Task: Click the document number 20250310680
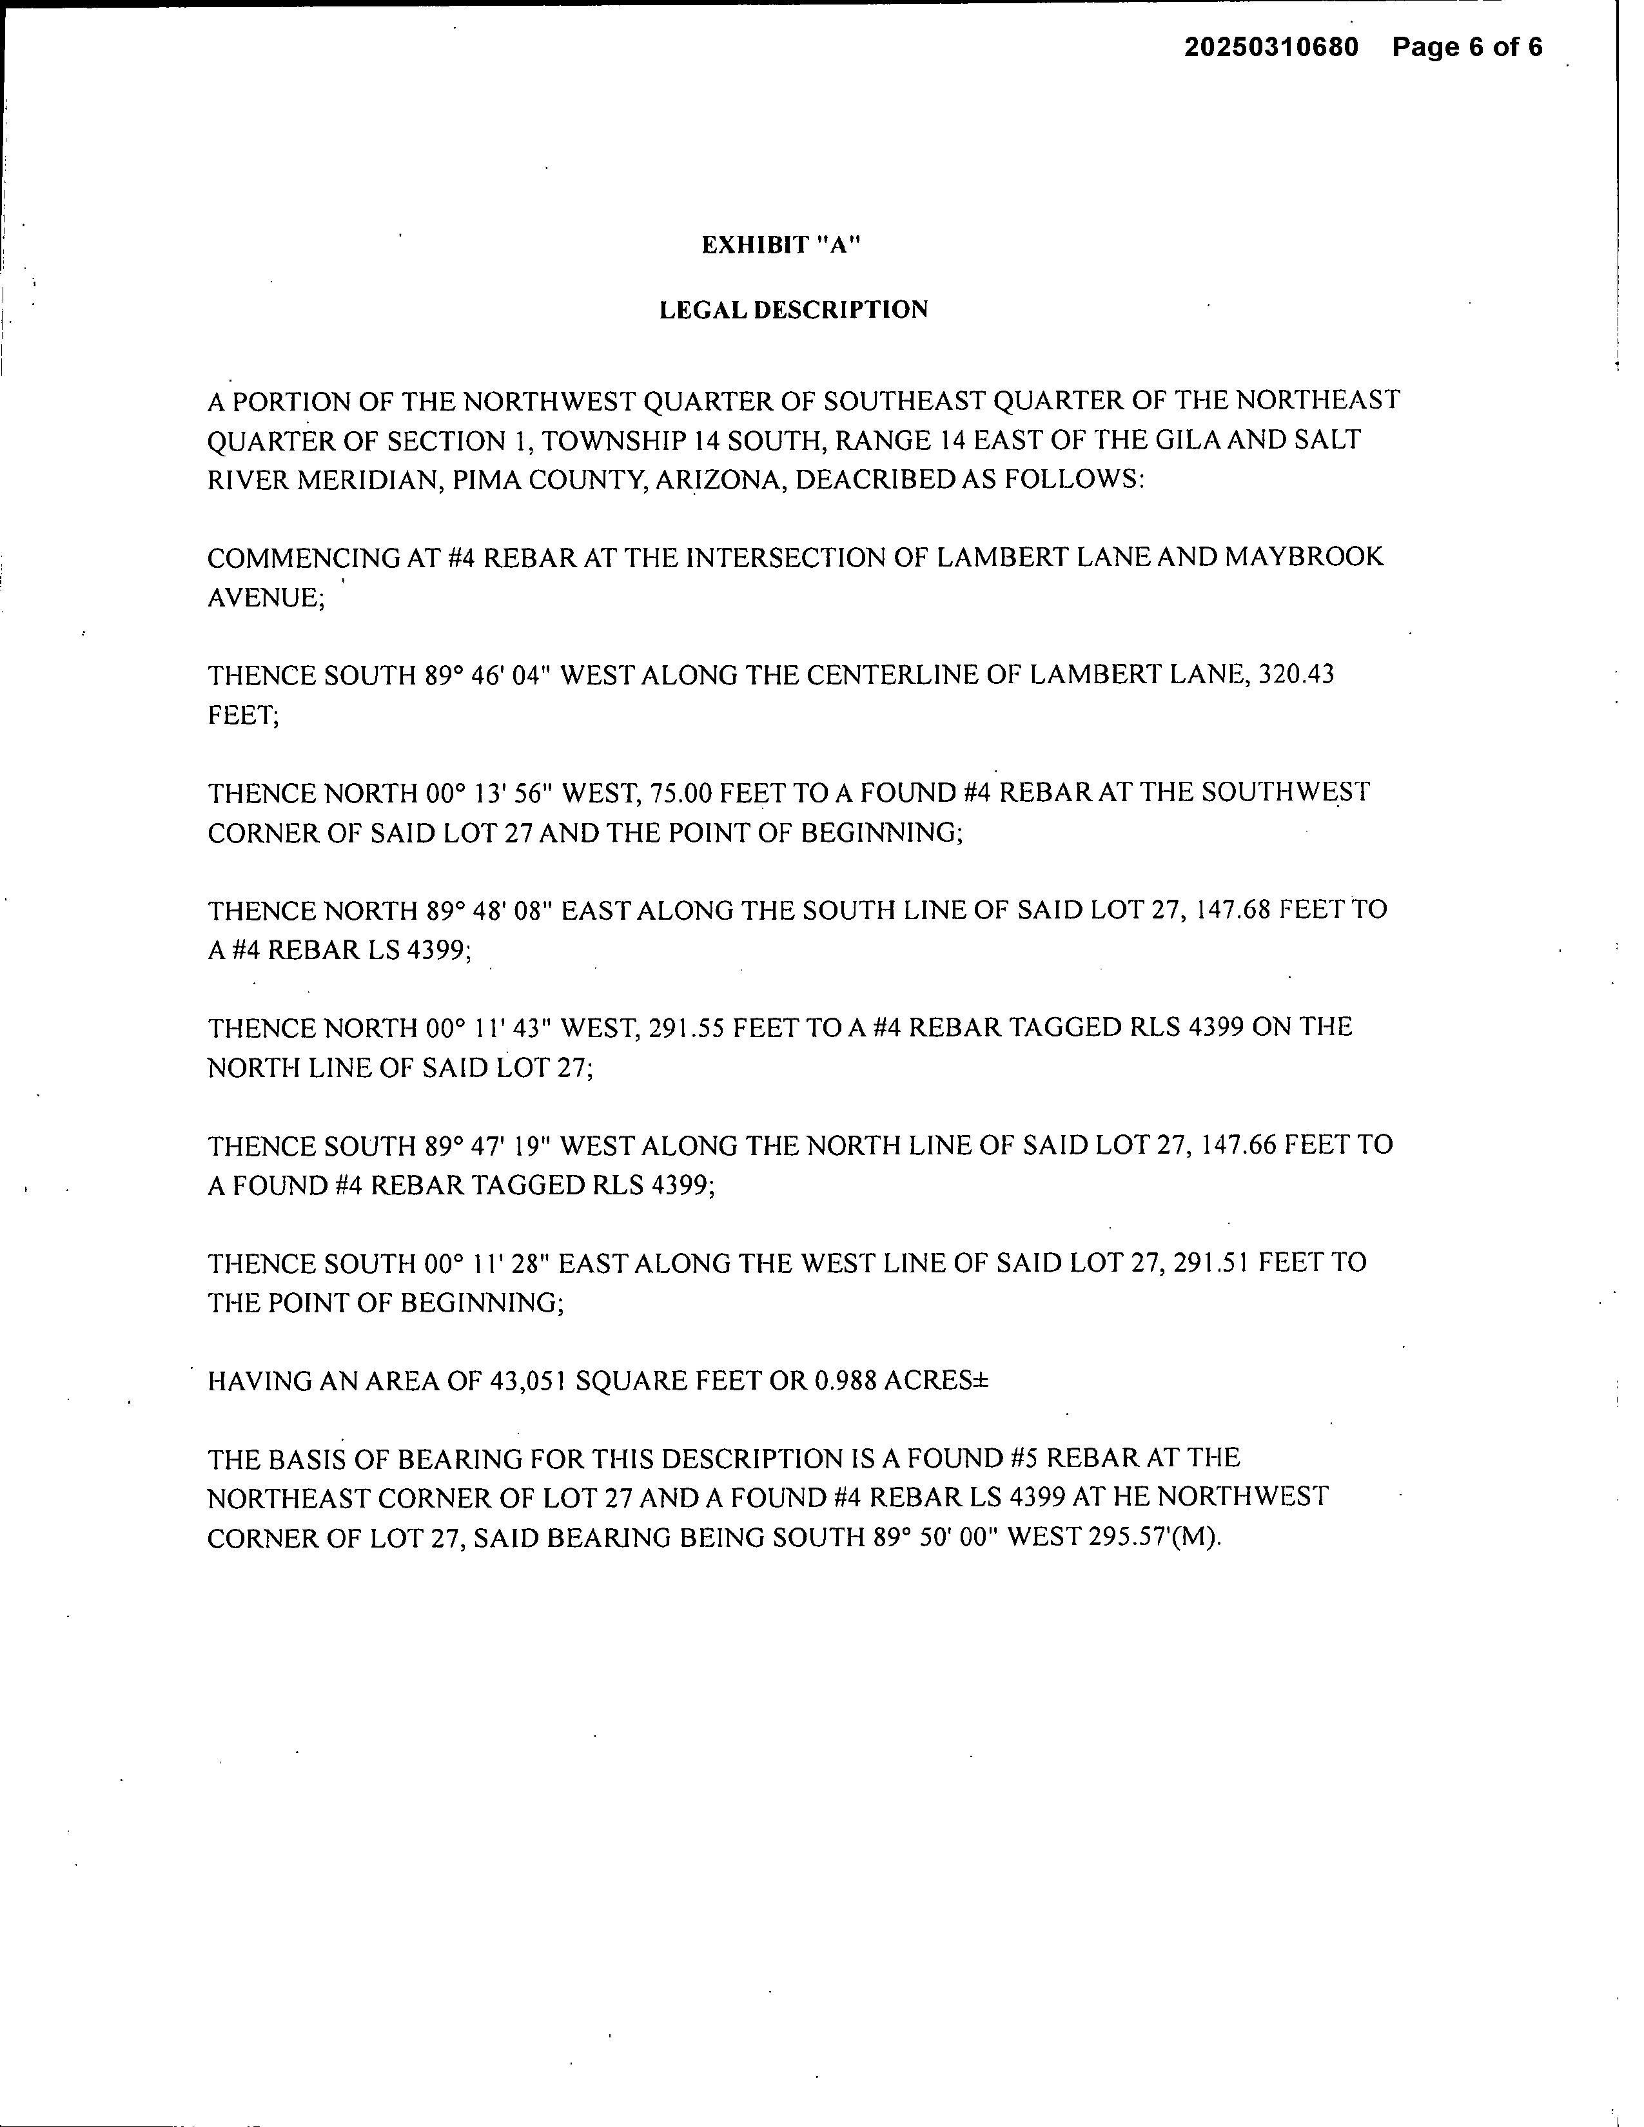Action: pos(1271,47)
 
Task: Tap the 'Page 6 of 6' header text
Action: pos(1467,47)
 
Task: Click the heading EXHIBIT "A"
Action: pos(782,246)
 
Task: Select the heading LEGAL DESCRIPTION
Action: pos(794,309)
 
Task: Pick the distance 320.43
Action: pos(1297,674)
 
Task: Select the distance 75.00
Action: pos(686,793)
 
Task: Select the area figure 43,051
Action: pos(525,1381)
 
